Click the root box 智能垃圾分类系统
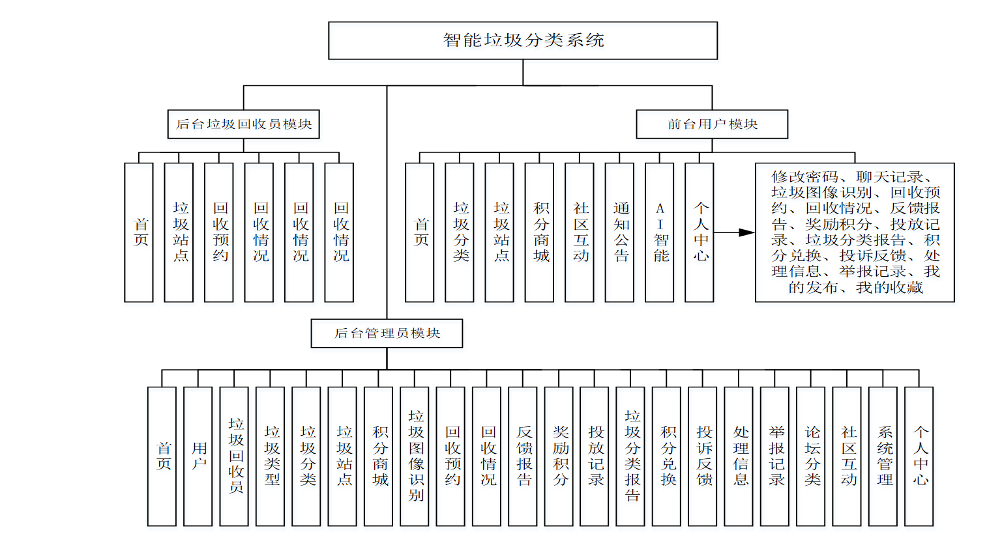[x=523, y=40]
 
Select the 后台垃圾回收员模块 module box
[x=243, y=124]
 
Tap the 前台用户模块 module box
[x=712, y=124]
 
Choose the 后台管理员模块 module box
[x=387, y=333]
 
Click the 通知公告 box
[x=619, y=232]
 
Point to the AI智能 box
[x=659, y=232]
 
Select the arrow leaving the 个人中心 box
[x=735, y=232]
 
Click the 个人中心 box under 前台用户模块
[x=700, y=232]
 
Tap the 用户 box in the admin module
[x=198, y=456]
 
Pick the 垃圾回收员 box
[x=234, y=456]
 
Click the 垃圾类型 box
[x=270, y=456]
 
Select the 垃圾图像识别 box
[x=415, y=456]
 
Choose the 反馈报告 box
[x=523, y=456]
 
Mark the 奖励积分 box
[x=559, y=456]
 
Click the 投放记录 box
[x=595, y=456]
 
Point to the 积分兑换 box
[x=666, y=456]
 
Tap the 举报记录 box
[x=774, y=456]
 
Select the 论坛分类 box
[x=811, y=456]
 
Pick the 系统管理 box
[x=883, y=456]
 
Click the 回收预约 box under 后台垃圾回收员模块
[x=219, y=232]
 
